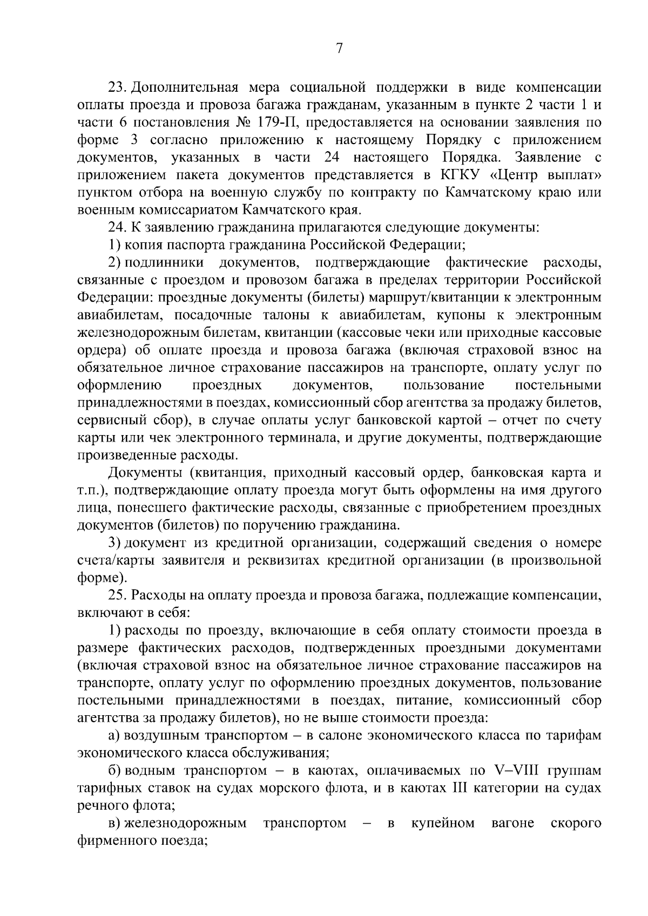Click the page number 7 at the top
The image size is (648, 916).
click(339, 49)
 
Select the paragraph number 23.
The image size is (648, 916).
click(117, 87)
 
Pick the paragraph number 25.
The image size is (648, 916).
click(117, 595)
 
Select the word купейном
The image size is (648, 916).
click(443, 823)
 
